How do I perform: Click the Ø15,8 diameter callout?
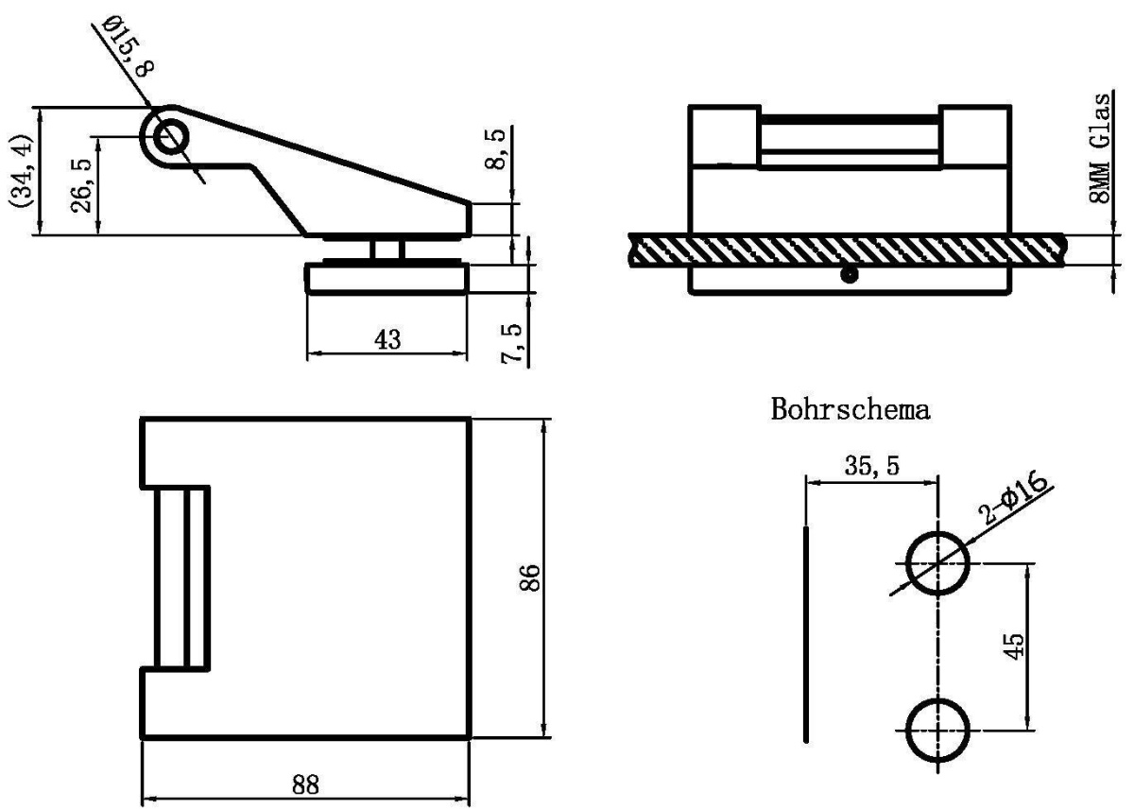tap(128, 46)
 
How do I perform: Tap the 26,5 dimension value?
tap(81, 185)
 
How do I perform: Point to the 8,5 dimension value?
tap(494, 148)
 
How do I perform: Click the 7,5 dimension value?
tap(511, 343)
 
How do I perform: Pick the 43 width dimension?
tap(387, 339)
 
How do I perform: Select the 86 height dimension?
tap(530, 577)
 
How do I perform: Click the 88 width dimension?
tap(306, 784)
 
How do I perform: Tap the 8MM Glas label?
tap(1100, 147)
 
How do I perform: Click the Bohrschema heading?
tap(850, 409)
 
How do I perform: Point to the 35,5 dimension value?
tap(871, 466)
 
